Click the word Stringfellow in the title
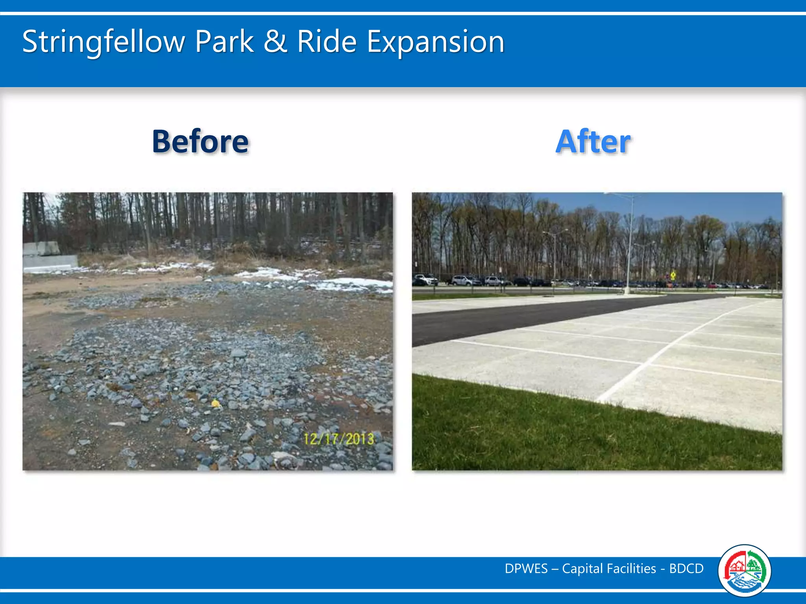(x=103, y=42)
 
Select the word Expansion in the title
(x=435, y=42)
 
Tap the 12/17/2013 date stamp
(x=338, y=439)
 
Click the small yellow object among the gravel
(x=216, y=403)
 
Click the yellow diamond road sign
(x=673, y=274)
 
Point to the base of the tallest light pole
(x=627, y=292)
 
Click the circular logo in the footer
(x=744, y=570)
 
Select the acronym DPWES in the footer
(x=526, y=569)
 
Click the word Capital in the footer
(x=582, y=569)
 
